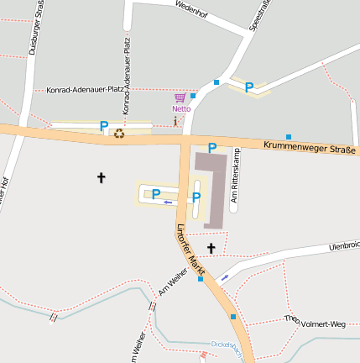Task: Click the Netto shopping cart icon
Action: coord(180,98)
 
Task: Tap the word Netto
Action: coord(180,108)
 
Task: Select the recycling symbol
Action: coord(119,133)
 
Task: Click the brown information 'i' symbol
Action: coord(175,122)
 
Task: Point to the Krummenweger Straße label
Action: coord(310,147)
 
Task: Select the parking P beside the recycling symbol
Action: coord(104,126)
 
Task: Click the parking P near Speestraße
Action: coord(249,87)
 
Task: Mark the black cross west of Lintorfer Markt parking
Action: coord(102,177)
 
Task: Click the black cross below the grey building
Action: coord(211,248)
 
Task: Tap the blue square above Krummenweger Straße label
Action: coord(289,136)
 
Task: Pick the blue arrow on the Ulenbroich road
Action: coord(224,277)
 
